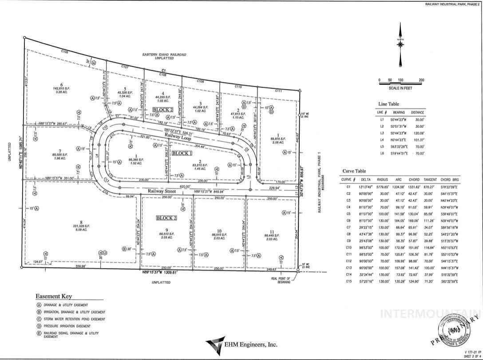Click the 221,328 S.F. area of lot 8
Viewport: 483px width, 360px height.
coord(82,226)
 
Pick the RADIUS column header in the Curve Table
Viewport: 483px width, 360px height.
coord(382,179)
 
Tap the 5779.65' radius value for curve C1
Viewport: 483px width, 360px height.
coord(382,187)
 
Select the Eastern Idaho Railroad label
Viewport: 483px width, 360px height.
coord(164,55)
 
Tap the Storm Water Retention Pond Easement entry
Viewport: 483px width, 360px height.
coord(74,319)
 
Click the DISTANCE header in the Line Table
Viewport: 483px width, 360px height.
coord(417,112)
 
